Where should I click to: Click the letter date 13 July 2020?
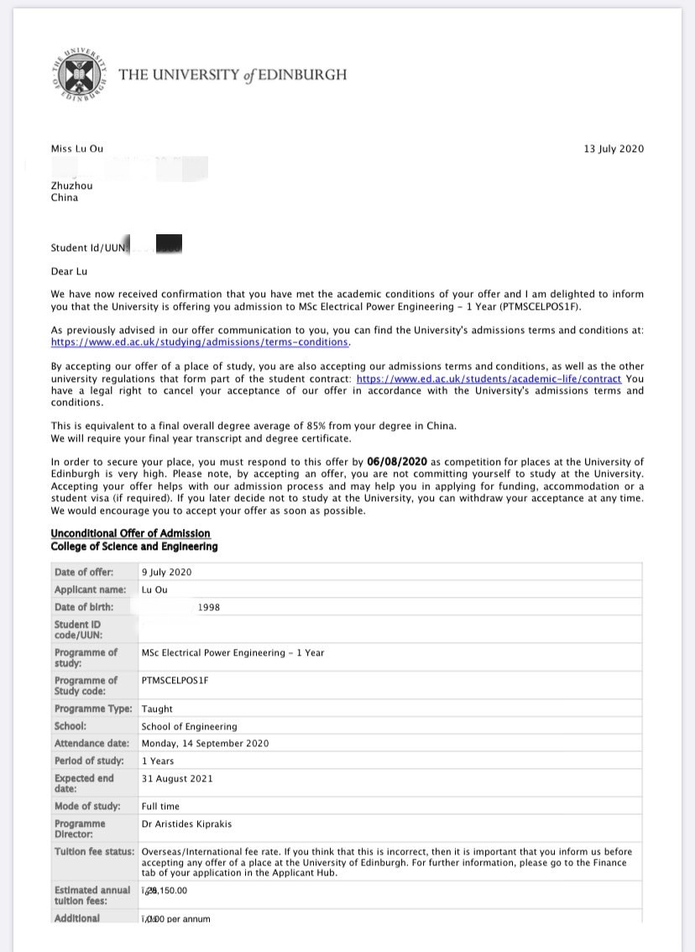pyautogui.click(x=614, y=149)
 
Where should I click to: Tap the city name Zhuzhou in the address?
pyautogui.click(x=72, y=186)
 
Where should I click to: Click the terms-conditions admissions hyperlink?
pyautogui.click(x=200, y=343)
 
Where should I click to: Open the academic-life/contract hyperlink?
pyautogui.click(x=489, y=379)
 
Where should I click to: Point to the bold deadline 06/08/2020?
pyautogui.click(x=397, y=462)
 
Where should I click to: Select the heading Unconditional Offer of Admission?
pyautogui.click(x=130, y=533)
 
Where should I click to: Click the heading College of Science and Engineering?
pyautogui.click(x=133, y=547)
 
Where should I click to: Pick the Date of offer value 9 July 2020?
pyautogui.click(x=166, y=573)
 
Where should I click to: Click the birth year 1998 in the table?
pyautogui.click(x=208, y=607)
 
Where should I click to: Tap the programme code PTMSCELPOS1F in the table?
pyautogui.click(x=175, y=681)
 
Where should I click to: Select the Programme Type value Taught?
pyautogui.click(x=157, y=709)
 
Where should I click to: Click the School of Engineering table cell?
pyautogui.click(x=189, y=726)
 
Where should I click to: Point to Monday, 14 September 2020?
pyautogui.click(x=205, y=744)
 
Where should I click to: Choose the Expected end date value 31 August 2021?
pyautogui.click(x=177, y=779)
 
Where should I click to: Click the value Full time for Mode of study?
pyautogui.click(x=160, y=807)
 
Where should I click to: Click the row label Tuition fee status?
pyautogui.click(x=94, y=852)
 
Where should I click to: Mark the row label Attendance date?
pyautogui.click(x=91, y=744)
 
